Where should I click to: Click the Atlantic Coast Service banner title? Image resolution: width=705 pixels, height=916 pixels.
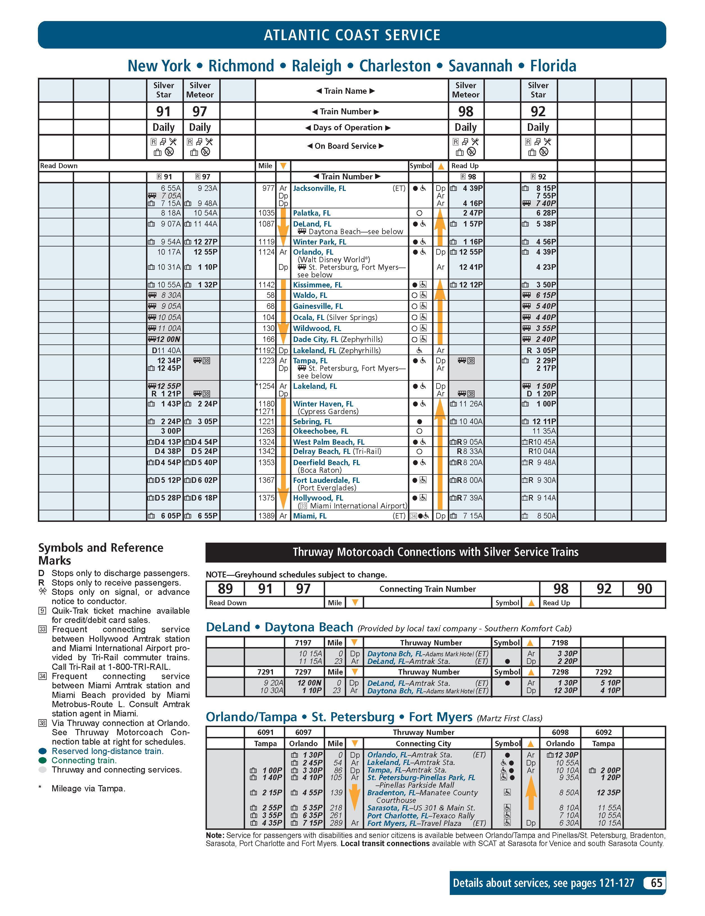pos(352,35)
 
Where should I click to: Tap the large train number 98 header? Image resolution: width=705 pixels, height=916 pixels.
pos(466,111)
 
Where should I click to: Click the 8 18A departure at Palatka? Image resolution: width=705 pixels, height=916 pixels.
pos(171,213)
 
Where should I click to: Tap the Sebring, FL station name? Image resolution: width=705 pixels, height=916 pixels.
pos(312,422)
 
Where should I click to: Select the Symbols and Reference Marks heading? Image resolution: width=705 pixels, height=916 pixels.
pos(101,554)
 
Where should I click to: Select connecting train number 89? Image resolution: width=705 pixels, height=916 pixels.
pos(225,589)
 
